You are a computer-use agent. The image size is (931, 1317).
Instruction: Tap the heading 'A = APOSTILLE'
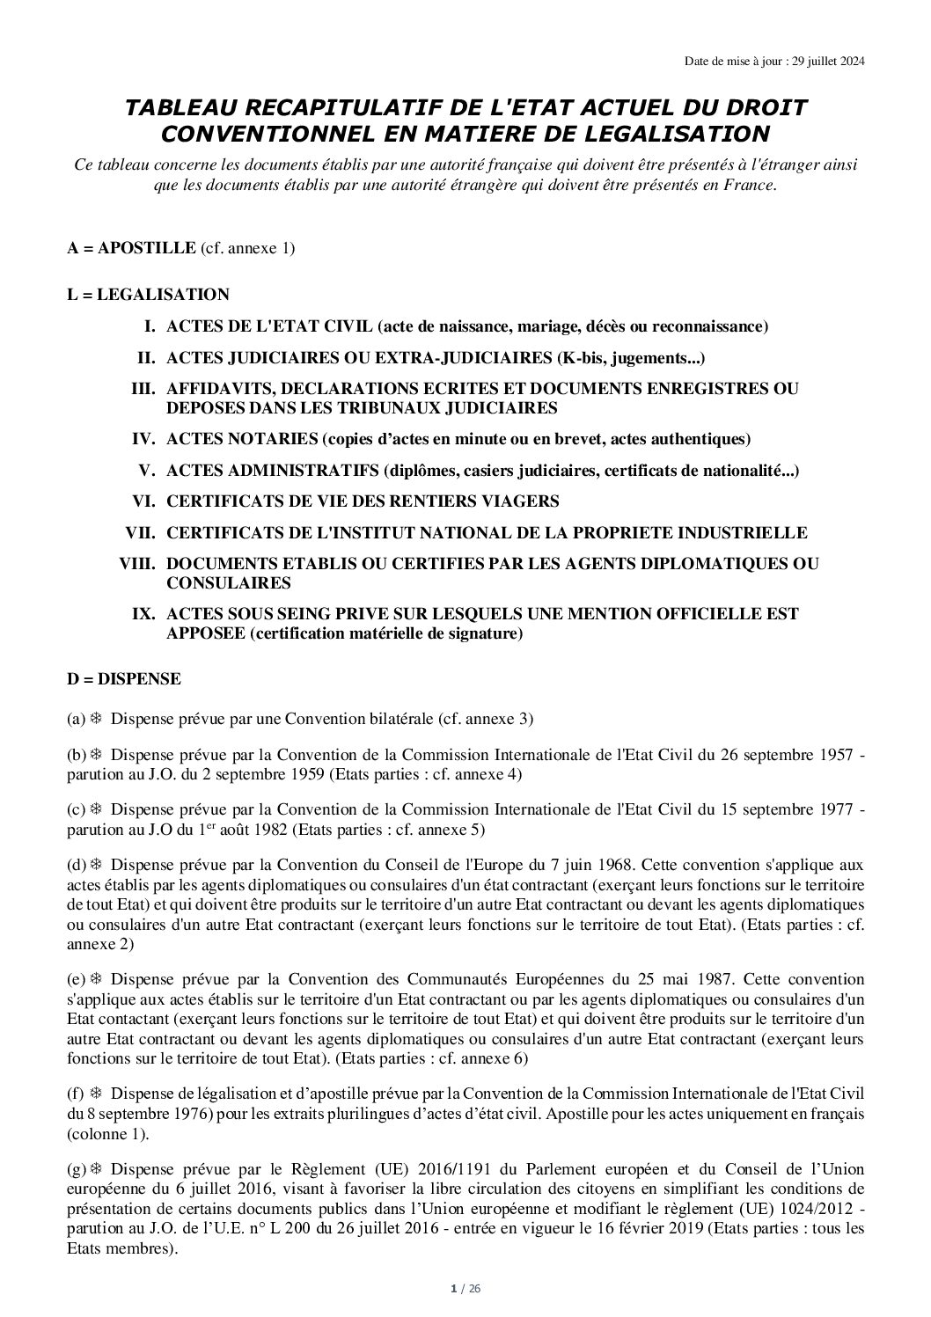[x=131, y=248]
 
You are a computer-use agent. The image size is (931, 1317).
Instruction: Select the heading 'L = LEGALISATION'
[x=148, y=295]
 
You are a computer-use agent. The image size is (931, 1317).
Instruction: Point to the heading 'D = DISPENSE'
[x=124, y=678]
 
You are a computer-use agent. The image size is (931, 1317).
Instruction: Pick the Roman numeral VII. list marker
[x=140, y=533]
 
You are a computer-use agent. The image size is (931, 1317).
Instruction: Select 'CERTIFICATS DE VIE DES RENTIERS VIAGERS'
[x=363, y=501]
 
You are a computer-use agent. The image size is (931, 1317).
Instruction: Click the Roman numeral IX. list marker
[x=143, y=613]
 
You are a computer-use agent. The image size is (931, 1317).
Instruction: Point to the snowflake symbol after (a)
[x=97, y=719]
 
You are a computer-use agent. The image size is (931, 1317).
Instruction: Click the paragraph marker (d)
[x=77, y=865]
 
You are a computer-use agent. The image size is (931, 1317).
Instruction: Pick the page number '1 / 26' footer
[x=465, y=1290]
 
